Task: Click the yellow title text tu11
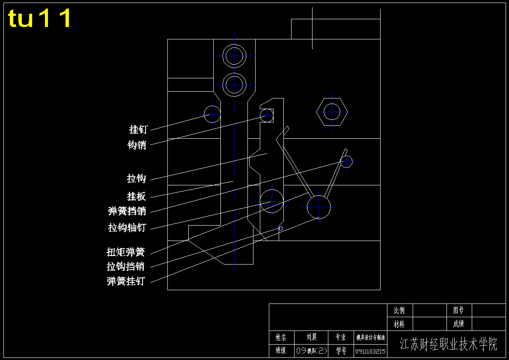40,18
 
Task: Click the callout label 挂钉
138,129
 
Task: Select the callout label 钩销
137,145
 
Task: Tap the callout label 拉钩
137,179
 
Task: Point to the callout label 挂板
137,196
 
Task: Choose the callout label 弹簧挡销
127,211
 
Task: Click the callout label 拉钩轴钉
127,228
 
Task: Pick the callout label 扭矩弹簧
126,252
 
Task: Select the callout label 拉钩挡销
126,267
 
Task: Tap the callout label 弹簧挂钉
126,281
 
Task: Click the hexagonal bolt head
332,112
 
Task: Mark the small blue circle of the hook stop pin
281,229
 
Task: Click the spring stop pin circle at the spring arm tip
346,161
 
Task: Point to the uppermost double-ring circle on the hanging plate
234,56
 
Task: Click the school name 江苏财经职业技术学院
449,344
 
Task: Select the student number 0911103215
370,351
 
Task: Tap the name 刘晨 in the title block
312,338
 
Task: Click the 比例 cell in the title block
399,310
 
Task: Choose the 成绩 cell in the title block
458,324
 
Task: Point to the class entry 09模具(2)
311,351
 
